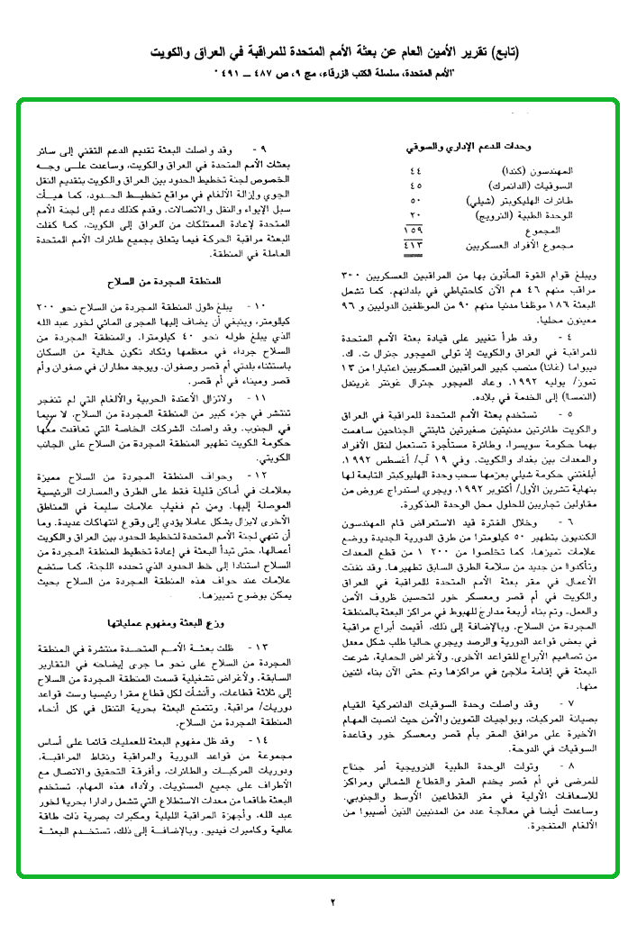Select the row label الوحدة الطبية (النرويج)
(532, 216)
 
